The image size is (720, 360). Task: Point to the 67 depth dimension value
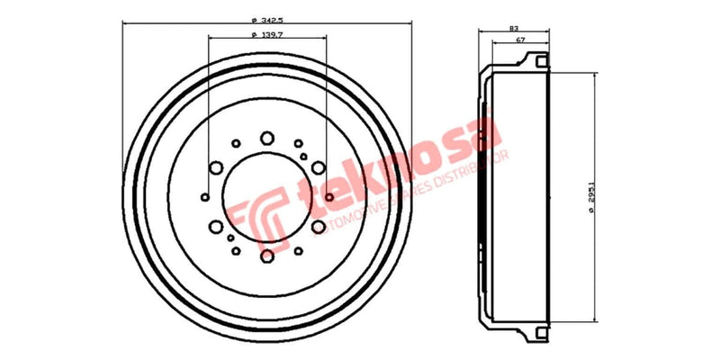click(x=521, y=41)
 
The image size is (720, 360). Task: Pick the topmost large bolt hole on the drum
click(x=267, y=138)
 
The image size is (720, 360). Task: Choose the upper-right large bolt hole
click(x=318, y=167)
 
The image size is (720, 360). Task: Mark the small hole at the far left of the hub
click(x=206, y=197)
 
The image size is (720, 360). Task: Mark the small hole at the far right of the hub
click(x=329, y=197)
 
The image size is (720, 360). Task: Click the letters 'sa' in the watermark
click(x=469, y=144)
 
